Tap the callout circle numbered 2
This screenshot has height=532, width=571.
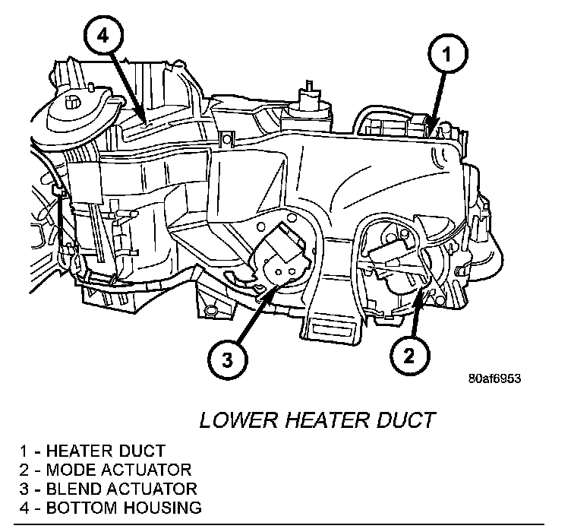pyautogui.click(x=411, y=354)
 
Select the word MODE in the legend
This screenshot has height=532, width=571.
pyautogui.click(x=66, y=470)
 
